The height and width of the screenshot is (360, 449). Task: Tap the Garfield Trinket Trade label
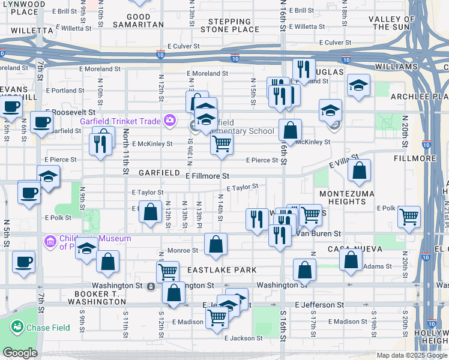pyautogui.click(x=121, y=120)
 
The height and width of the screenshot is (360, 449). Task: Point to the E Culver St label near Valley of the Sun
pyautogui.click(x=339, y=43)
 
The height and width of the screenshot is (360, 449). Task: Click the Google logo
pyautogui.click(x=20, y=353)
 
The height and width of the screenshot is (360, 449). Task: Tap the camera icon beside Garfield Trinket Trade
pyautogui.click(x=170, y=120)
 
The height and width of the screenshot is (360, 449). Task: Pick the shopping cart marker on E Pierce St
pyautogui.click(x=222, y=143)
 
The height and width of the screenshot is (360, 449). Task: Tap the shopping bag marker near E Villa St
pyautogui.click(x=359, y=171)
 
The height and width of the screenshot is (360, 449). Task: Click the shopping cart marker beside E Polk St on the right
pyautogui.click(x=409, y=217)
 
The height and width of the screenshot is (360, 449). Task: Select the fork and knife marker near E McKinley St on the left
pyautogui.click(x=100, y=143)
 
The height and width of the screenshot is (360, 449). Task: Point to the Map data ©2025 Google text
pyautogui.click(x=411, y=355)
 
